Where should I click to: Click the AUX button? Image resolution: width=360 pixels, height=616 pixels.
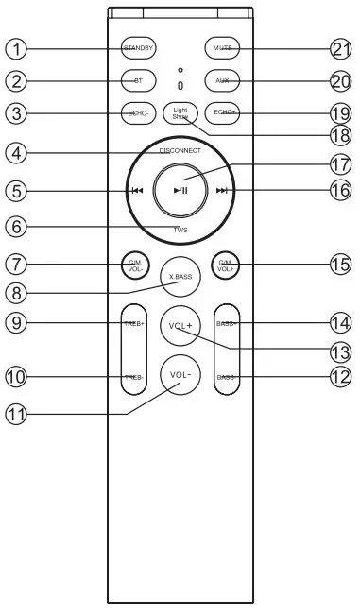(x=222, y=80)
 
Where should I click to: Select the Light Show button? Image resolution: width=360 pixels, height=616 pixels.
(x=180, y=112)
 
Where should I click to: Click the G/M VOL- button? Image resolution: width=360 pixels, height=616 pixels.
(x=134, y=263)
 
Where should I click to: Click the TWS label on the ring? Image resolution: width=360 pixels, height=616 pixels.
(x=180, y=230)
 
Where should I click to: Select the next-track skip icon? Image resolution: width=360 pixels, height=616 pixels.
(x=222, y=190)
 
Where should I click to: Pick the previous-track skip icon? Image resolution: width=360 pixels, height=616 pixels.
(x=137, y=190)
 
